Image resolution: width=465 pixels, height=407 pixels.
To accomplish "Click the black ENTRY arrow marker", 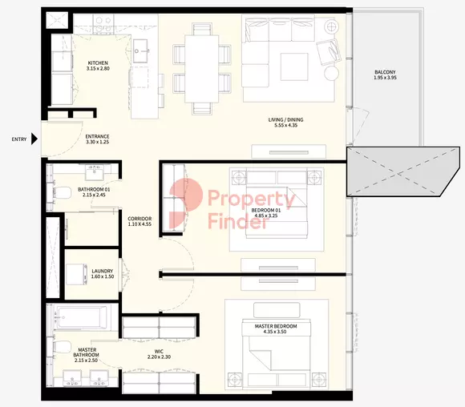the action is coord(34,139).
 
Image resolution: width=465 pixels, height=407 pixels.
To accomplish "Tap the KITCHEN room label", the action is coord(98,62).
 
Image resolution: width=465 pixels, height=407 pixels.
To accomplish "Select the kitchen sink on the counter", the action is coord(141,51).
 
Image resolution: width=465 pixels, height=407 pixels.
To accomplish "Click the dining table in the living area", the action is coord(202,69).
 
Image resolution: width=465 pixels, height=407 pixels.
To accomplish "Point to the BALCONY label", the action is coord(385,72).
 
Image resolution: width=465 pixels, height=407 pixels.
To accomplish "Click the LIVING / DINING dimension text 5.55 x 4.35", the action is coord(286,125).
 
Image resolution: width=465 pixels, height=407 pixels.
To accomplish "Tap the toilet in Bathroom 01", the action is coord(62,193).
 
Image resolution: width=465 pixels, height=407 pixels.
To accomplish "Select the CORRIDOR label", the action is coord(139,219).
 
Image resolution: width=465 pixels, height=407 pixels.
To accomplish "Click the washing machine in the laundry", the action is coord(76,274).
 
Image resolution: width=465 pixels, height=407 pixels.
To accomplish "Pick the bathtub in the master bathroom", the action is coord(82,318).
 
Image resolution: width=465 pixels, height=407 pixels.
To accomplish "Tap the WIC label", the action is coord(160,352).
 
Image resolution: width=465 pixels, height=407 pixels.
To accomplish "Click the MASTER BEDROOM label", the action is coord(276,326).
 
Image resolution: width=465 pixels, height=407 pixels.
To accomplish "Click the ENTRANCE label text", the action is coord(97,136).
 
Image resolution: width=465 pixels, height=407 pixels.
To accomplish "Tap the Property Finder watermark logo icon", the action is coord(186,203).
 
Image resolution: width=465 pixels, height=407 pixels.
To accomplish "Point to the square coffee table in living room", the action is coord(294,66).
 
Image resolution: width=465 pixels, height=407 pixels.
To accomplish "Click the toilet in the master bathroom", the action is coord(62,347).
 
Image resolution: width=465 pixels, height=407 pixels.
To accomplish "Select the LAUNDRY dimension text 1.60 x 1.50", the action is coord(103,276).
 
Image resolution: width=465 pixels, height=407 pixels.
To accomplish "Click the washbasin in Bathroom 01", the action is coord(95,172).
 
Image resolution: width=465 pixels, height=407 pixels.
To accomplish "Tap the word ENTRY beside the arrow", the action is coord(19,139).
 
